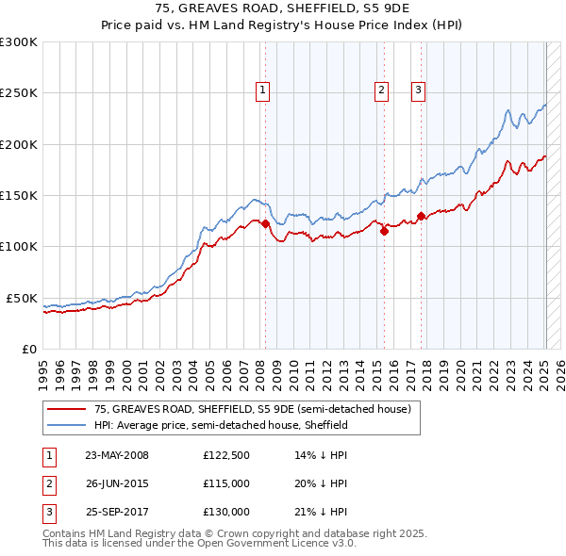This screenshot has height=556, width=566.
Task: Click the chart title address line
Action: (x=283, y=8)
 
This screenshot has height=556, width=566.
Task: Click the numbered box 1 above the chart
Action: (x=261, y=90)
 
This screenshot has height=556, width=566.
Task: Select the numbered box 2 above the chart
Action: (x=380, y=90)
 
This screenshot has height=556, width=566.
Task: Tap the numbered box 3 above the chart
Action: (x=418, y=90)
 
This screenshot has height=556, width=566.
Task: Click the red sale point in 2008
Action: (x=265, y=223)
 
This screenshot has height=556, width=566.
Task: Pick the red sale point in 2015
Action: (x=384, y=231)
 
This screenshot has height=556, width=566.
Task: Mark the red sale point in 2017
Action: (x=421, y=216)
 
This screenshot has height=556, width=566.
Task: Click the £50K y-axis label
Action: (x=22, y=298)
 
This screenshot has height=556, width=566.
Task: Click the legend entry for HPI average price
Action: (x=221, y=425)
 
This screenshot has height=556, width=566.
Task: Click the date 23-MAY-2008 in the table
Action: (x=117, y=455)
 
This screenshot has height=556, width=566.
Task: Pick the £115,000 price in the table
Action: (x=226, y=483)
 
